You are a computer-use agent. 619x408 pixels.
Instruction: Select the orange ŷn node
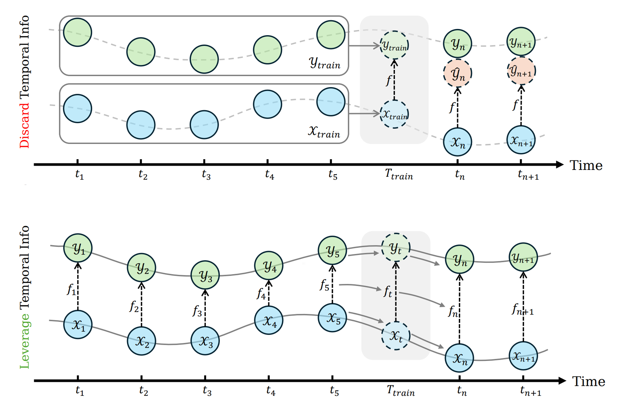pyautogui.click(x=457, y=74)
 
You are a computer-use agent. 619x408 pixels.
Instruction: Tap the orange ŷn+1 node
pyautogui.click(x=521, y=71)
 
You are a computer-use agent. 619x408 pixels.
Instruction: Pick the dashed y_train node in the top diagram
pyautogui.click(x=394, y=45)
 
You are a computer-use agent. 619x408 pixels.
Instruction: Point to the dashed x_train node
pyautogui.click(x=394, y=114)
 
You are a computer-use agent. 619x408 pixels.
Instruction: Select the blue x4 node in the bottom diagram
pyautogui.click(x=269, y=320)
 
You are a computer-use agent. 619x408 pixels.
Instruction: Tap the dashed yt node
pyautogui.click(x=396, y=248)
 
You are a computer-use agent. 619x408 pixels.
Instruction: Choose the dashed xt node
pyautogui.click(x=396, y=336)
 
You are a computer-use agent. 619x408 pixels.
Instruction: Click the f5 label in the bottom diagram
pyautogui.click(x=324, y=285)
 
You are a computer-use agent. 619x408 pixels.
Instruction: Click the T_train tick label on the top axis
pyautogui.click(x=399, y=175)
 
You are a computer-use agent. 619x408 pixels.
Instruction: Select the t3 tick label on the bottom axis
pyautogui.click(x=207, y=391)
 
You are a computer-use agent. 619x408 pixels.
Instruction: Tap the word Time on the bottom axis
pyautogui.click(x=588, y=381)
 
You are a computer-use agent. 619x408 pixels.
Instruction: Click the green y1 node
pyautogui.click(x=78, y=248)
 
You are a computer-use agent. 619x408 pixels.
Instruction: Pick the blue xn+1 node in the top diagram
pyautogui.click(x=521, y=140)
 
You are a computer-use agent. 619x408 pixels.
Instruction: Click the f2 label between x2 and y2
pyautogui.click(x=134, y=306)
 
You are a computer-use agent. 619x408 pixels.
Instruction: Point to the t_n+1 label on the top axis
pyautogui.click(x=528, y=175)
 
